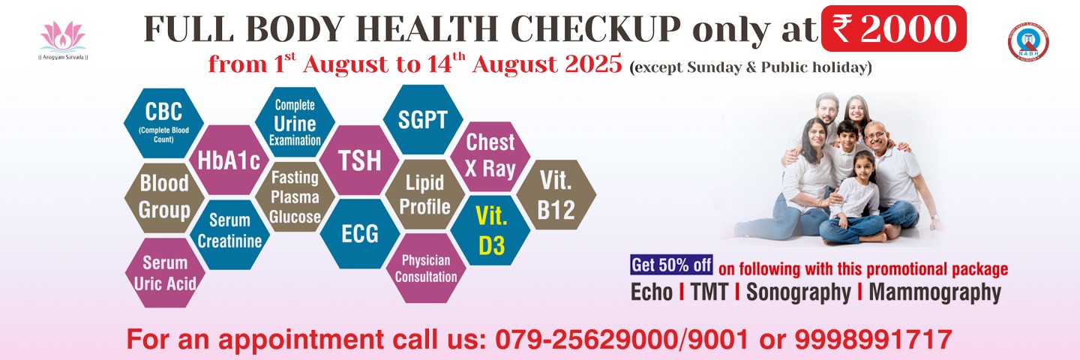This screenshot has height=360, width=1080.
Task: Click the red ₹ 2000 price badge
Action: coord(893,28)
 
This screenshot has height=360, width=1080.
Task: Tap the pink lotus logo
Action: coord(63,37)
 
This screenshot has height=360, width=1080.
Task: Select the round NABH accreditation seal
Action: coord(1028,41)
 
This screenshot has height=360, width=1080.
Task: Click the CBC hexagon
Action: coord(164,123)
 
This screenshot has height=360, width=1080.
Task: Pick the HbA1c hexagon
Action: coord(229,160)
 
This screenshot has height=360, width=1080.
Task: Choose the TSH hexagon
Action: coord(360,160)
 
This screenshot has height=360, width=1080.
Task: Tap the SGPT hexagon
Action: coord(423,119)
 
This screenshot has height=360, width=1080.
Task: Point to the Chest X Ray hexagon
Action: coord(490,156)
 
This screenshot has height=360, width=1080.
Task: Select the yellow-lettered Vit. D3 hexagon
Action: coord(490,230)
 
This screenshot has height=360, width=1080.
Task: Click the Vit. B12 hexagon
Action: coord(556,195)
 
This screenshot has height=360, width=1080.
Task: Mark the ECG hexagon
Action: coord(360,234)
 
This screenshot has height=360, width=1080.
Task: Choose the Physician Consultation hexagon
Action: coord(426,268)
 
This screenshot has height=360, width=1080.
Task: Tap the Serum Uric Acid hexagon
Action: coord(165,273)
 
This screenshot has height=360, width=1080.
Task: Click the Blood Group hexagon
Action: coord(164,197)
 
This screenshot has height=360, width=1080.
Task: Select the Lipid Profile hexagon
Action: coord(424,194)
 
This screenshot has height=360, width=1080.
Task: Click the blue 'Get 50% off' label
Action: coord(672,265)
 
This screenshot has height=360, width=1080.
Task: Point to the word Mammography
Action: coord(934,293)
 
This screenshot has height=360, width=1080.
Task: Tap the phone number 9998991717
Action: coord(873,339)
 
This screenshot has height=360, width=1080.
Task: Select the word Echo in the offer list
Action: coord(651,292)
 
